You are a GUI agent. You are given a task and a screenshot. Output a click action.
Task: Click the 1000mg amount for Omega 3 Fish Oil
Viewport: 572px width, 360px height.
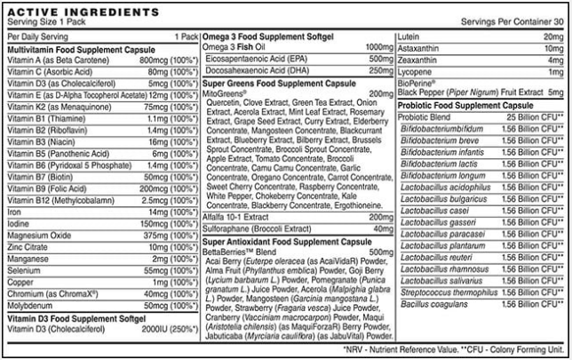point(378,46)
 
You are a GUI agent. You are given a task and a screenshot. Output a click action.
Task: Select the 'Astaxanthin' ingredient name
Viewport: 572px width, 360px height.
point(423,47)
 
